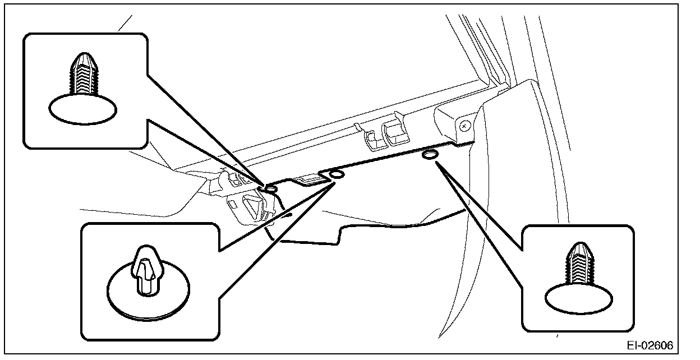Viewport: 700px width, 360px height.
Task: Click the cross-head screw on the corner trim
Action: point(464,127)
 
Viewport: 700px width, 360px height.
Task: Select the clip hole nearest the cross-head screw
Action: point(430,155)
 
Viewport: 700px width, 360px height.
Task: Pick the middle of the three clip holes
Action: point(337,176)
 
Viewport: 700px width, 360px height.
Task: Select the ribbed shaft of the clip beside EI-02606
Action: point(578,269)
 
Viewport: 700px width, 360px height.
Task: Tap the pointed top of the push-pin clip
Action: point(146,250)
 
